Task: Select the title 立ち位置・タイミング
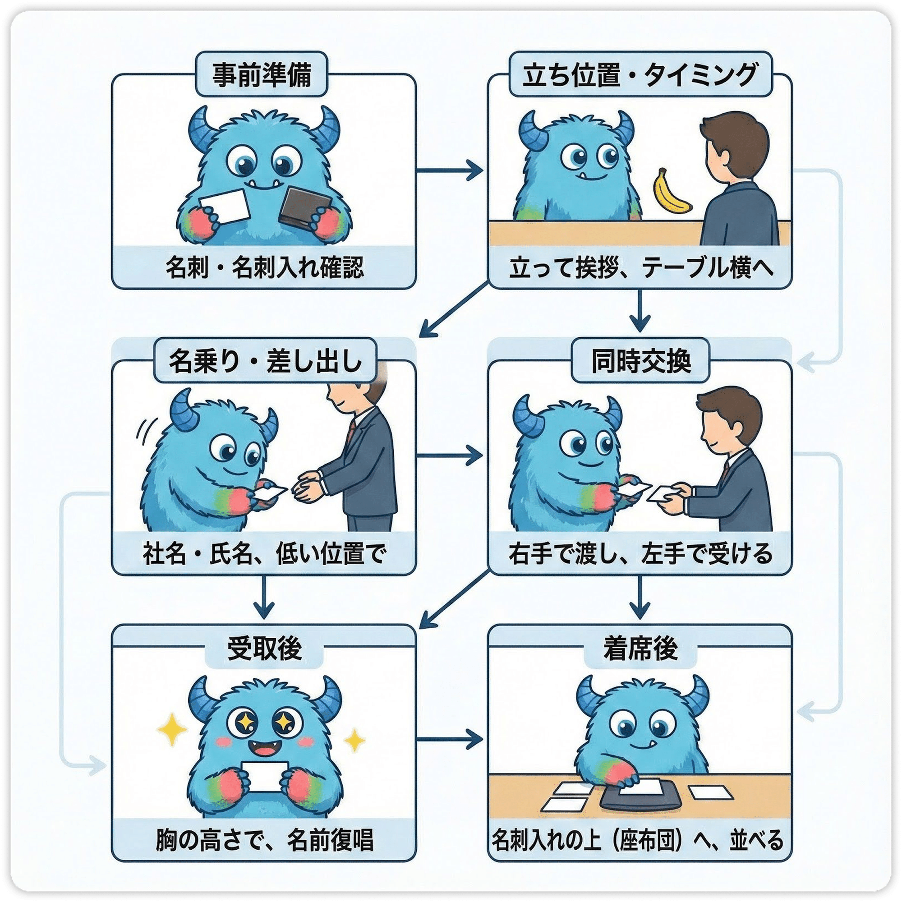click(639, 75)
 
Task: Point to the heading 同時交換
click(640, 361)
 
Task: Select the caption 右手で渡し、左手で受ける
click(640, 554)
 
